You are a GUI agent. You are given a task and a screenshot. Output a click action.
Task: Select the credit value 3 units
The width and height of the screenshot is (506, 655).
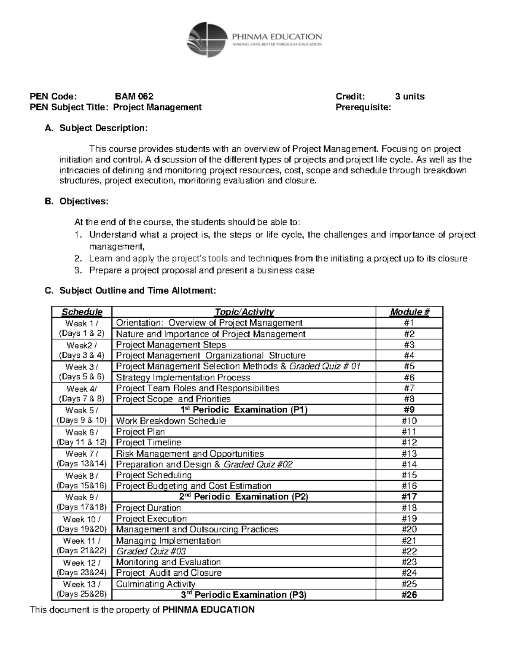(x=409, y=96)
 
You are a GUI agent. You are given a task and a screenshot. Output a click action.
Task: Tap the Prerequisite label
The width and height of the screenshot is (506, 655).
(x=363, y=107)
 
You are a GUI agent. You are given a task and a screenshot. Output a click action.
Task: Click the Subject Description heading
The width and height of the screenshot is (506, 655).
(x=103, y=128)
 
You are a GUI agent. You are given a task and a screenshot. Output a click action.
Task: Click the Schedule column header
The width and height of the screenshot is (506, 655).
(x=82, y=312)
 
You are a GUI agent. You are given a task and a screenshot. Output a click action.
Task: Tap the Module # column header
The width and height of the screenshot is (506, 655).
(x=409, y=312)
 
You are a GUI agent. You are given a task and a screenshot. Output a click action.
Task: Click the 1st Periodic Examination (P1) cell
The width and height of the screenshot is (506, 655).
(x=244, y=410)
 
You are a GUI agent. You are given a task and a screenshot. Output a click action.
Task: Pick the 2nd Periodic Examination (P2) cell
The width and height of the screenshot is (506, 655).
(x=244, y=497)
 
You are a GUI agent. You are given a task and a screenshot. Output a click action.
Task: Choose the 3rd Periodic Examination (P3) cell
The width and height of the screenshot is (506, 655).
(x=244, y=595)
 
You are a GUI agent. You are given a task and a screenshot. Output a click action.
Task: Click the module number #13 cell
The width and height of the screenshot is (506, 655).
(x=409, y=454)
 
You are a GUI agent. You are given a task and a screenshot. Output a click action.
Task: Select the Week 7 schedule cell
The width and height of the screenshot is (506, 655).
(x=82, y=459)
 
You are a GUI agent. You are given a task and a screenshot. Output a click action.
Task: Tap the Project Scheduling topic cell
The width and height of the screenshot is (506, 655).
(x=153, y=475)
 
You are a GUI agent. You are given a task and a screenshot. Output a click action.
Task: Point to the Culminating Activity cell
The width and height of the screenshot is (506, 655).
(x=156, y=584)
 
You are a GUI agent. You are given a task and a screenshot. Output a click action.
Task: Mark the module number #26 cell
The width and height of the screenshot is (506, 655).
(x=409, y=595)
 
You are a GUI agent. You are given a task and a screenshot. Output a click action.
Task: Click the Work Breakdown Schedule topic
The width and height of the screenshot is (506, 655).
(x=170, y=421)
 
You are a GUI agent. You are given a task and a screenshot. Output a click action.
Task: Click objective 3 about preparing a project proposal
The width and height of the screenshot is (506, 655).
(x=202, y=271)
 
